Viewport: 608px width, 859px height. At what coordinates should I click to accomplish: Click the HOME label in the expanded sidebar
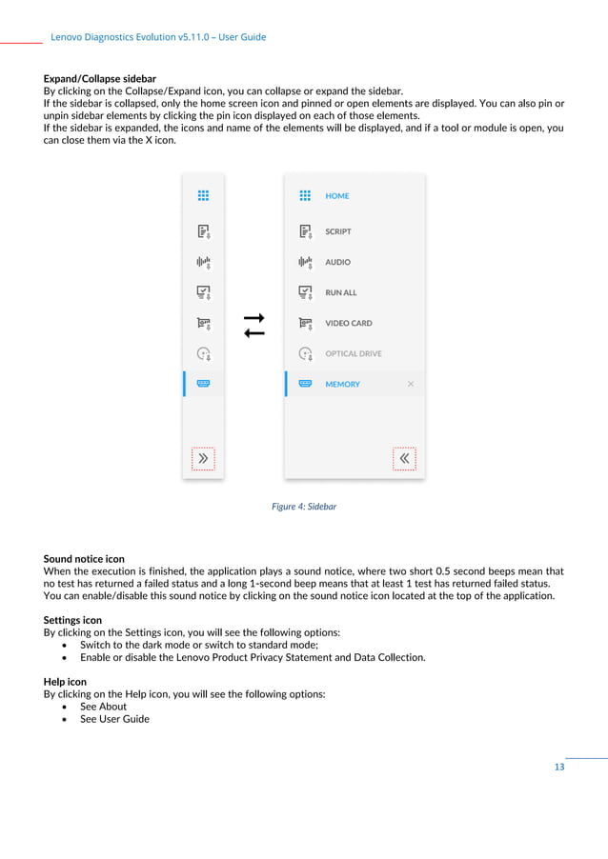337,196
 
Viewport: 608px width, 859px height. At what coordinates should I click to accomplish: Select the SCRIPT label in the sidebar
338,231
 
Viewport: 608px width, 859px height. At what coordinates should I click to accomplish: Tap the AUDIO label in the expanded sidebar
337,262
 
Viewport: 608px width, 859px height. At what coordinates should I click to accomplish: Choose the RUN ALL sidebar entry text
341,293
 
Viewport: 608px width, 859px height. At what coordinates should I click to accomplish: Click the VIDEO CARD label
349,324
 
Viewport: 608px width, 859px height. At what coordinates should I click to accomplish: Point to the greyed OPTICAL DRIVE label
354,354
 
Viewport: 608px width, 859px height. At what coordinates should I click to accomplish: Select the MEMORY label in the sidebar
343,385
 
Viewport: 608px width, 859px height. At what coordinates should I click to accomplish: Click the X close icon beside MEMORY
411,385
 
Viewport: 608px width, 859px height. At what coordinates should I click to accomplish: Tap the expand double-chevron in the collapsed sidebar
203,458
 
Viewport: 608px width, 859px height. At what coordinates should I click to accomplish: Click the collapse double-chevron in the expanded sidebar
404,458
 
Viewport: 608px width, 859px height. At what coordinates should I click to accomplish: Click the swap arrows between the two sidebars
253,325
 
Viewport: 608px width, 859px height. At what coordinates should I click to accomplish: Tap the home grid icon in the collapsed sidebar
203,195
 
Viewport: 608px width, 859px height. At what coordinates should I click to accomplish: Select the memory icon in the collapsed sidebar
203,384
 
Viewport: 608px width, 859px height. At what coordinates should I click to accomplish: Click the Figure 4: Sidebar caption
304,507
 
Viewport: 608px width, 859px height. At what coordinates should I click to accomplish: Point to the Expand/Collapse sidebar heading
100,78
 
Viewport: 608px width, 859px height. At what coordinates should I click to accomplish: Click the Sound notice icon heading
84,559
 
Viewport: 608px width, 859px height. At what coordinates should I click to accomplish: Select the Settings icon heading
72,620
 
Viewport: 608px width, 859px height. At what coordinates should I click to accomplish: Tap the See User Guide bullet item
114,719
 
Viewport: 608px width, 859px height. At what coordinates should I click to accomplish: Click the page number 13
559,768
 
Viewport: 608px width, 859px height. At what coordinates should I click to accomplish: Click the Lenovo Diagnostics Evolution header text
158,37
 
